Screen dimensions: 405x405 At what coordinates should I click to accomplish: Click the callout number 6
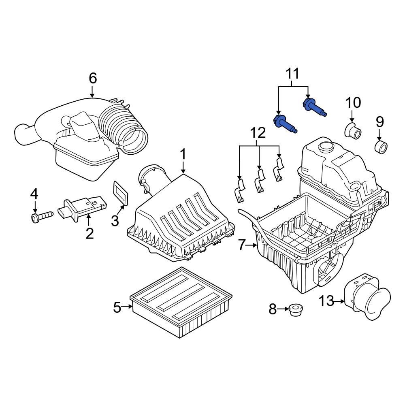(x=93, y=78)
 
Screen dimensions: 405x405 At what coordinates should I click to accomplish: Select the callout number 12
(x=258, y=133)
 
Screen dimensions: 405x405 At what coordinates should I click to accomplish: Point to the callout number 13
(x=327, y=301)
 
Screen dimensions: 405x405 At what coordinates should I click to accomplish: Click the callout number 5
(x=117, y=307)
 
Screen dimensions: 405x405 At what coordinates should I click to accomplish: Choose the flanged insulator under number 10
(x=352, y=131)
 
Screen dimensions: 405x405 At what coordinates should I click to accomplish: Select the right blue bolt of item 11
(x=314, y=107)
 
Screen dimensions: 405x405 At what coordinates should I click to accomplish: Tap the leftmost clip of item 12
(x=240, y=190)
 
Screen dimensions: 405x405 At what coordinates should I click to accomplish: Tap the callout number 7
(x=242, y=245)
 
